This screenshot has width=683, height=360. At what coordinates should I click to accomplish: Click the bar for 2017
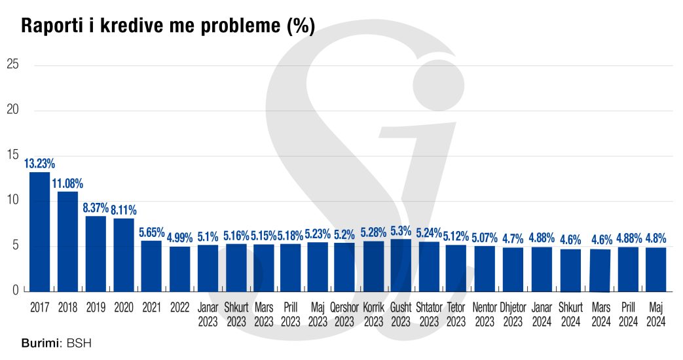coord(39,232)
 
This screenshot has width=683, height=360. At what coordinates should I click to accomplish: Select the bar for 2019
coord(96,253)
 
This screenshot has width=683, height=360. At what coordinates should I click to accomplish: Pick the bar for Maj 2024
coord(655,269)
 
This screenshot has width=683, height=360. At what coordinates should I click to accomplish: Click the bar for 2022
coord(179,268)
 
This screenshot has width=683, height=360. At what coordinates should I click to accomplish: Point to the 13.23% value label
coord(39,164)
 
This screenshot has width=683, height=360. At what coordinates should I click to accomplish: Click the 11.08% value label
coord(67,183)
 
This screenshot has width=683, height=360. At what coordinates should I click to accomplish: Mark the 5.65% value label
coord(151,232)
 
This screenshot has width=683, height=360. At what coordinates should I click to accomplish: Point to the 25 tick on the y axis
coord(12,64)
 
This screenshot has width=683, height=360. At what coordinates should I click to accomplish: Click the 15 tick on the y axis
coord(12,155)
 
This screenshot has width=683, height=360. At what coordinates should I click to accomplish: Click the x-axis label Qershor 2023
coord(344,314)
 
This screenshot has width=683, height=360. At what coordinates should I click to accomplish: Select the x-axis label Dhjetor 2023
coord(513,314)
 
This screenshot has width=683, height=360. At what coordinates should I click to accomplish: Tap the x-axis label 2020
coord(124,306)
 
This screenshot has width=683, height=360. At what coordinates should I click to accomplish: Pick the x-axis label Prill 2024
coord(628,314)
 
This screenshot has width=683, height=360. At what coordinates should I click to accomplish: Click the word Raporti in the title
coord(49,26)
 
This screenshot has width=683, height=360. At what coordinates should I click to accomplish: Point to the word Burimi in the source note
coord(41,343)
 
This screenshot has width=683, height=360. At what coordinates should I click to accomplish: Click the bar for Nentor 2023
coord(485,268)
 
